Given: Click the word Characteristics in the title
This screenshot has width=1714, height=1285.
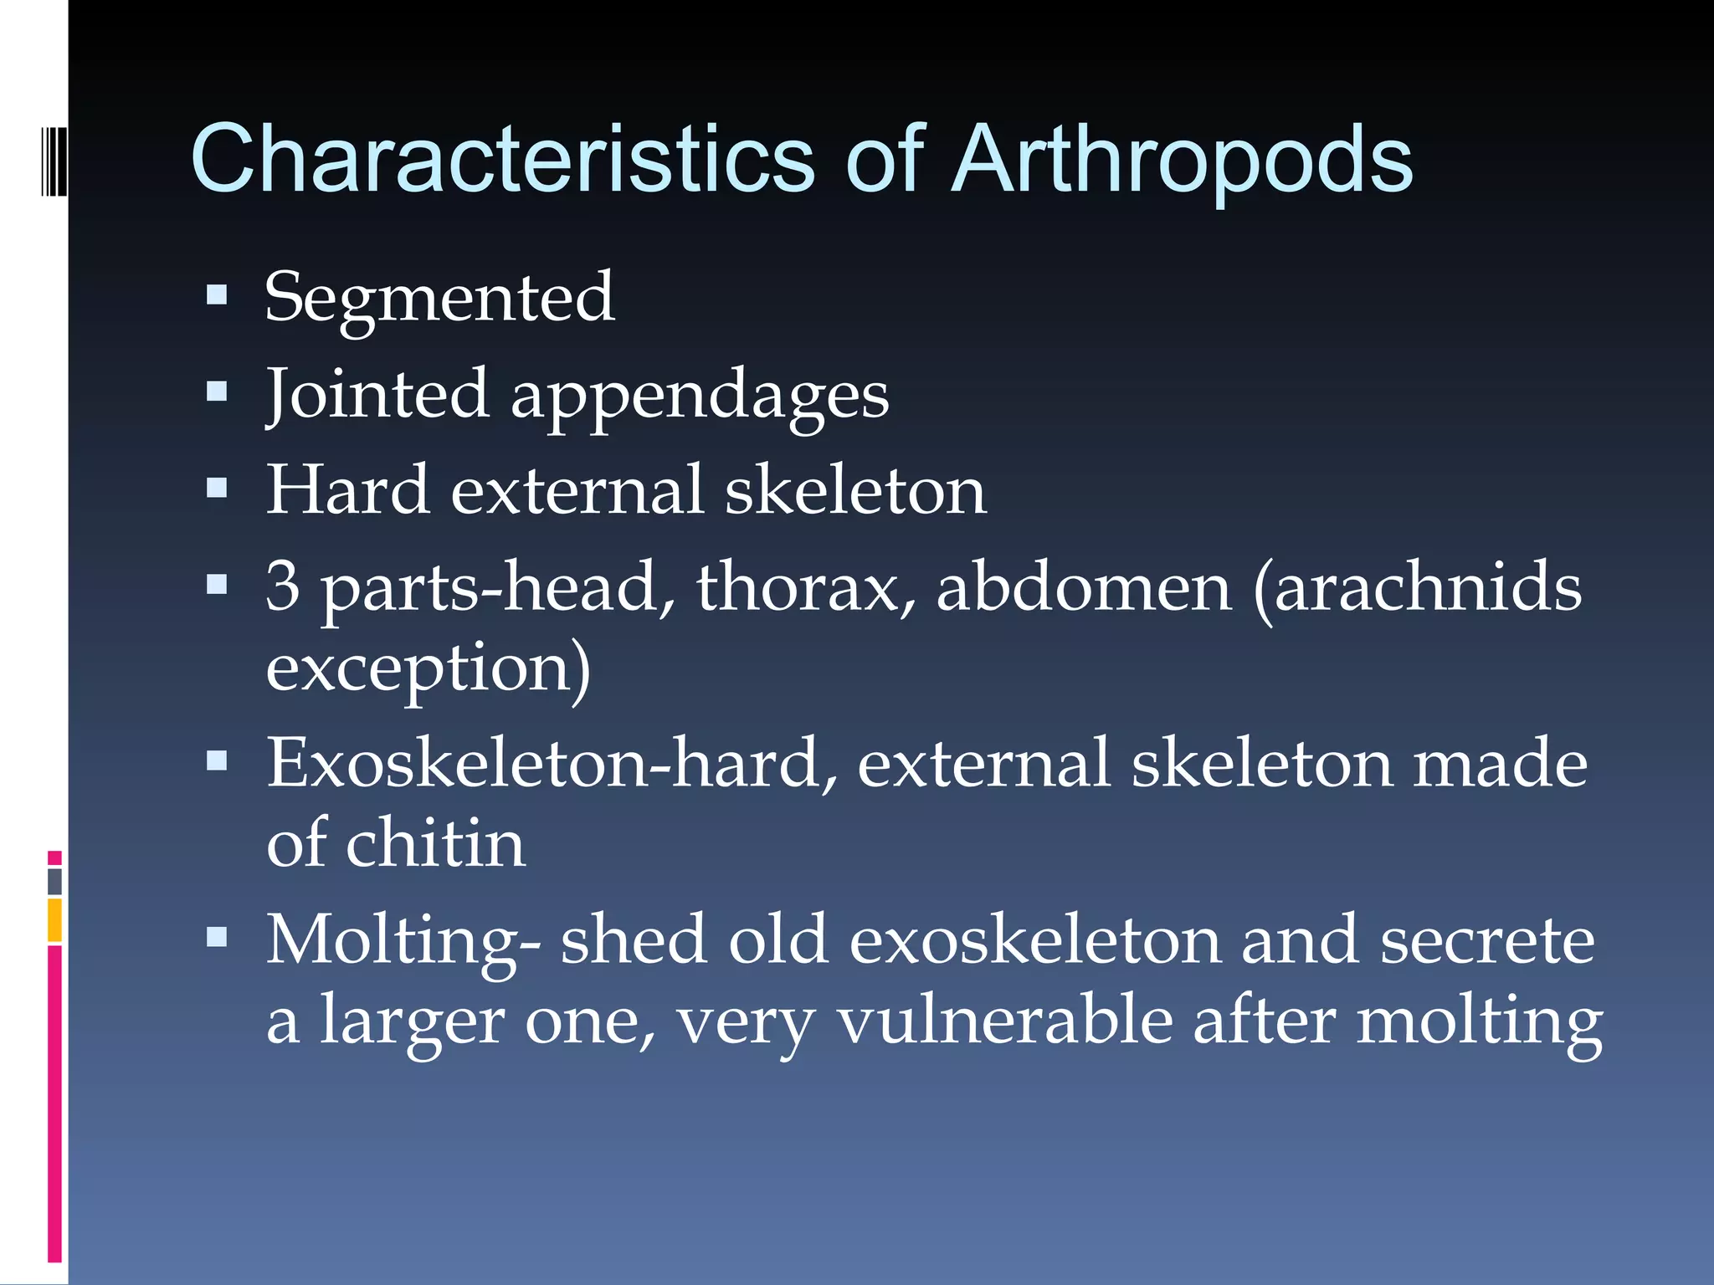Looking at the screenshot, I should coord(502,159).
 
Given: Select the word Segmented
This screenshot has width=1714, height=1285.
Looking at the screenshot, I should coord(439,298).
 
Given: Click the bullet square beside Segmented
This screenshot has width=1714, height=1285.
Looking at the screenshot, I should coord(217,294).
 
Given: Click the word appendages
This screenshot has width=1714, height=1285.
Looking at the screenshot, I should coord(700,397).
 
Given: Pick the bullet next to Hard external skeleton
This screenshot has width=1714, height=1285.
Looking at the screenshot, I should coord(217,488).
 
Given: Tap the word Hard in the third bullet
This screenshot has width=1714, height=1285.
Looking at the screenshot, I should coord(348,490).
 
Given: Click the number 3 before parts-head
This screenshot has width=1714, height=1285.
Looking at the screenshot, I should coord(283,586).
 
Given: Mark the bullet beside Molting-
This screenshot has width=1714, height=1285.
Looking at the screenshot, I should coord(217,937).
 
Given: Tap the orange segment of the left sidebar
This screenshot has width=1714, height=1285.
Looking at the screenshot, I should coord(54,920).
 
